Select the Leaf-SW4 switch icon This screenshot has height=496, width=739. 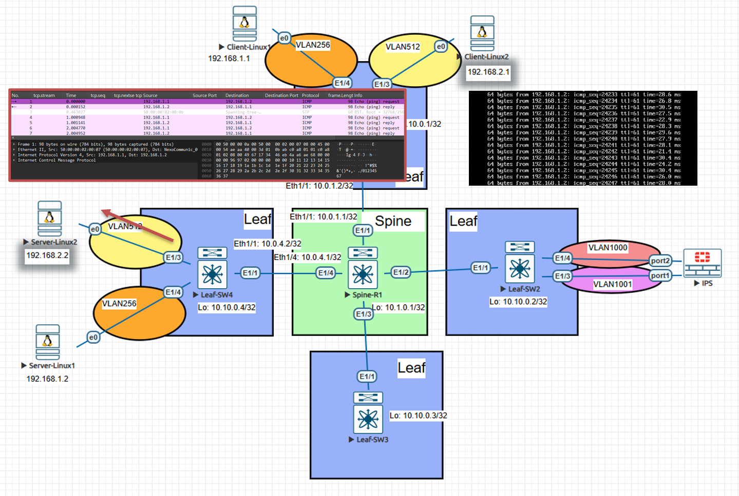click(212, 268)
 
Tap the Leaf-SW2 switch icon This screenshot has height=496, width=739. click(520, 262)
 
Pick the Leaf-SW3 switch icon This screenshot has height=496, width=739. click(368, 413)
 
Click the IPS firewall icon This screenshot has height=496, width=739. click(702, 263)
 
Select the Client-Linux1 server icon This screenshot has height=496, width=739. click(244, 24)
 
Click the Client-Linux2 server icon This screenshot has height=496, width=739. click(482, 33)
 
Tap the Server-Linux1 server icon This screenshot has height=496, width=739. click(48, 342)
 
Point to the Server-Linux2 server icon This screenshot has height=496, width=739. click(49, 219)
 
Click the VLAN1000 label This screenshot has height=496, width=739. click(608, 248)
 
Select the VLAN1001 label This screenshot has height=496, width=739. click(612, 284)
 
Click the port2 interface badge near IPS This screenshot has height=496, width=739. click(660, 261)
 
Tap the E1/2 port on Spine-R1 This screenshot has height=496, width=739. click(401, 272)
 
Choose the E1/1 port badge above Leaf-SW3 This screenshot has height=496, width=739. click(367, 376)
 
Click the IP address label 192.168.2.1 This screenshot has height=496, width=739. click(488, 72)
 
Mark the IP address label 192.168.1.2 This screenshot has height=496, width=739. click(47, 379)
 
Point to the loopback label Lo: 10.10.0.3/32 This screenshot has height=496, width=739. click(418, 415)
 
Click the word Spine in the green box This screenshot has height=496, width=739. click(393, 221)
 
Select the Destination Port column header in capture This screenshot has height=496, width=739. click(281, 95)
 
